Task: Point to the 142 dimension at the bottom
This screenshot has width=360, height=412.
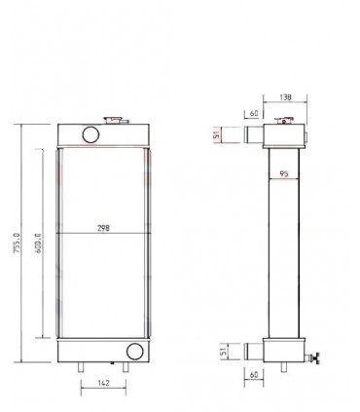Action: pos(104,385)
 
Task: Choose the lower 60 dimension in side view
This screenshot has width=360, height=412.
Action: pos(252,373)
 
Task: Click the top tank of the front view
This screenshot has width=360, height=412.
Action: pos(102,134)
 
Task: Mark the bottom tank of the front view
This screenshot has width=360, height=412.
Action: pos(102,352)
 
